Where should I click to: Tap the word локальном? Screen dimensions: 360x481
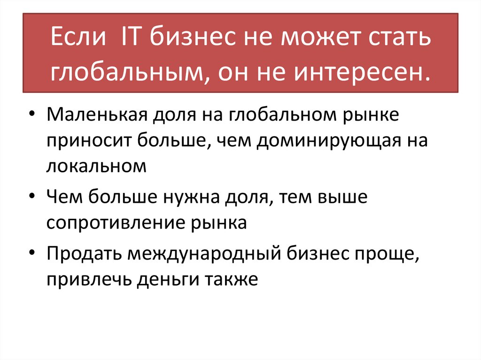click(x=97, y=166)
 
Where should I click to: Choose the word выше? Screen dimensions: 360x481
click(x=342, y=197)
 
